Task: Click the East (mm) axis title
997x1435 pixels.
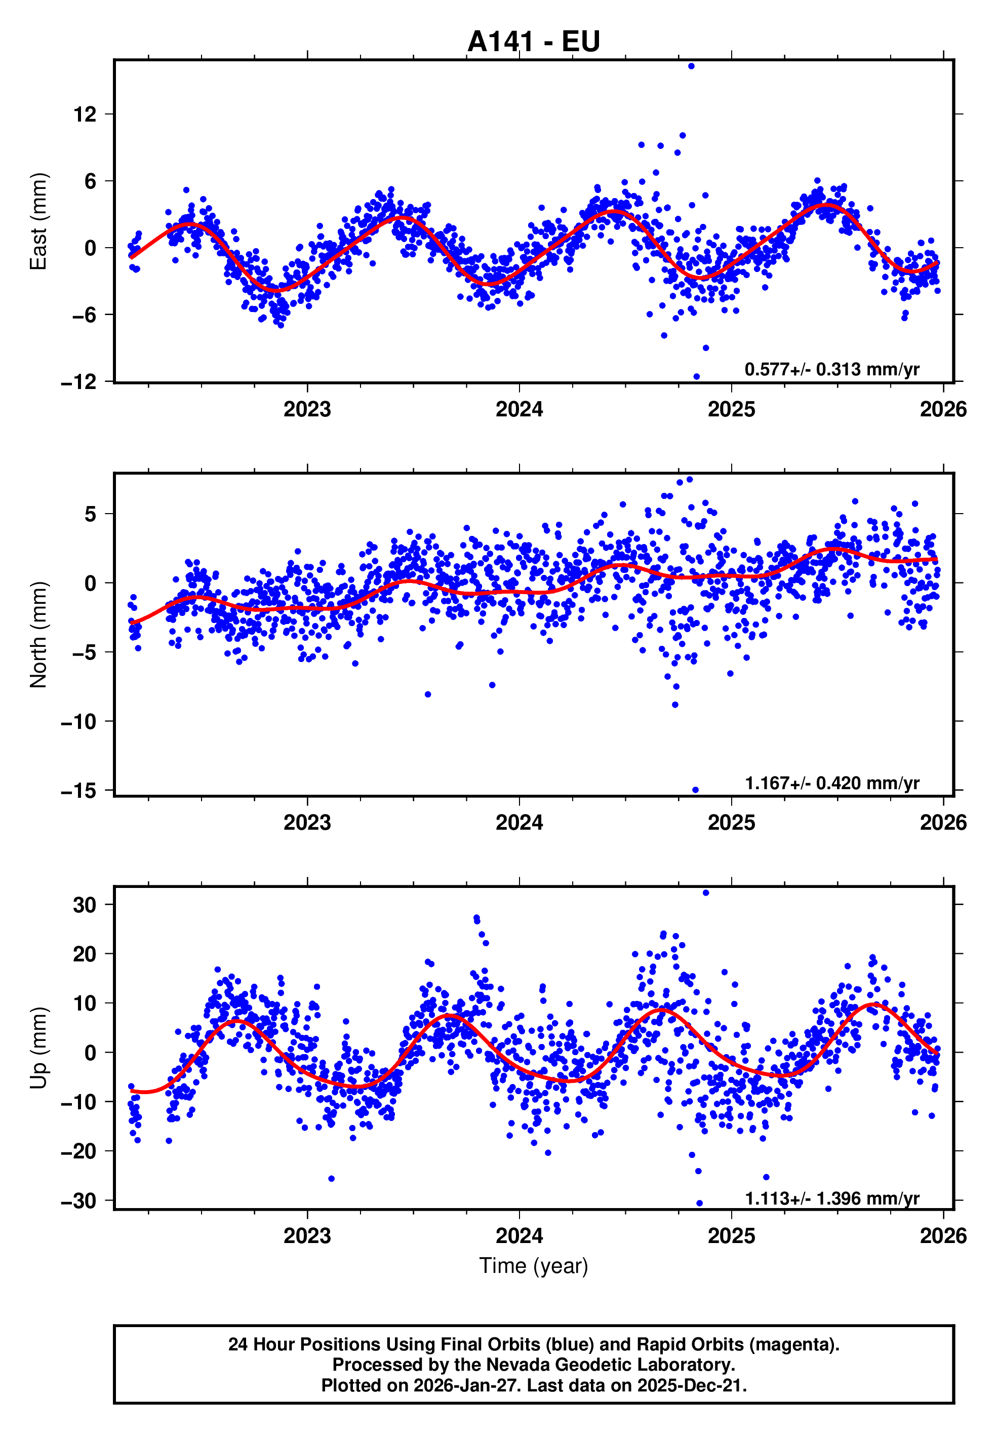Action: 38,222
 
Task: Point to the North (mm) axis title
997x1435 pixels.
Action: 38,635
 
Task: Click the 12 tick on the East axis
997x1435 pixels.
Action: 85,114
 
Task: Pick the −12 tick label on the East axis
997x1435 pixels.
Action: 78,382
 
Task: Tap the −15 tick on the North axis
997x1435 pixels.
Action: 78,791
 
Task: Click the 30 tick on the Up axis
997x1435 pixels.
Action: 85,905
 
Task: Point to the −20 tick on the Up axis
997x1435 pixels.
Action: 78,1151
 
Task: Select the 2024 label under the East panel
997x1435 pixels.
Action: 519,410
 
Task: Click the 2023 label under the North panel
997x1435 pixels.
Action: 307,823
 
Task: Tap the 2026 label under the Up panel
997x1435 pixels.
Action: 943,1236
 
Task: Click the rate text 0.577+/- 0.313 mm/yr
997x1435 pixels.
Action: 831,369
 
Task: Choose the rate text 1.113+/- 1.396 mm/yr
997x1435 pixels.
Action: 831,1198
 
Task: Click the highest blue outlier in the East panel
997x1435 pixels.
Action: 691,66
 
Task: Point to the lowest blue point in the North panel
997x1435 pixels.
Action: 695,790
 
